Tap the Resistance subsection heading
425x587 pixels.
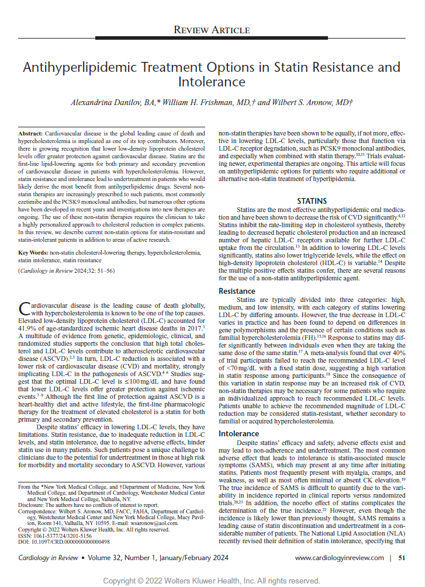point(237,291)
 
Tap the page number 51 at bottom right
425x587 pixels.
point(402,558)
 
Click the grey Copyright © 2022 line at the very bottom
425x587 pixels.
point(212,581)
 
